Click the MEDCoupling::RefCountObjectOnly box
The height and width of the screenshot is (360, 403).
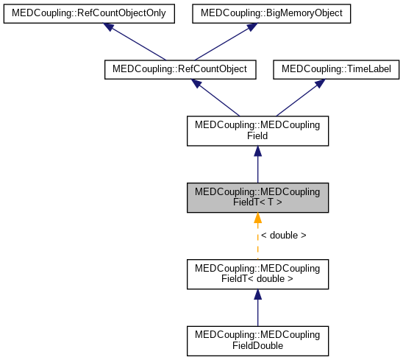(88, 13)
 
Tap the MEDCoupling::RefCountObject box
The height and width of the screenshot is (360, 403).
(180, 69)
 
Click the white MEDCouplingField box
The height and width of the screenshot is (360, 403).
(257, 130)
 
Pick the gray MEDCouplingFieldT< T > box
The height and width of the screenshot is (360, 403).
(257, 197)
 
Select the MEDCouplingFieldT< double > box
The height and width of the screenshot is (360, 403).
(257, 273)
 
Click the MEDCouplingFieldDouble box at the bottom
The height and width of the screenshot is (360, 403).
(257, 340)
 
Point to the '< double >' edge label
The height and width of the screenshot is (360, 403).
(282, 236)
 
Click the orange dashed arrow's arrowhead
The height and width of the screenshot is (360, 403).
(257, 219)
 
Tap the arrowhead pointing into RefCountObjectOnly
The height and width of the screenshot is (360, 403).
(109, 27)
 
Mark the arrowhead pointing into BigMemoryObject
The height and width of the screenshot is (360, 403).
(252, 27)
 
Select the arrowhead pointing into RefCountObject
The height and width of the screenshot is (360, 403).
(196, 83)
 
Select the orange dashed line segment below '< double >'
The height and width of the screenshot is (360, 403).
(257, 250)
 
